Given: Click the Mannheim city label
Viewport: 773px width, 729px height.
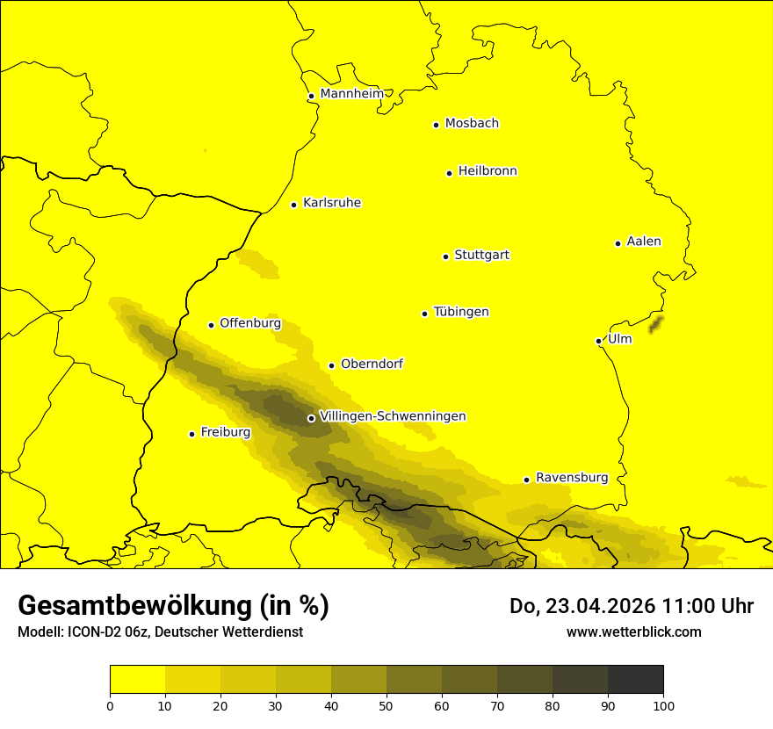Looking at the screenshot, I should click(x=351, y=94).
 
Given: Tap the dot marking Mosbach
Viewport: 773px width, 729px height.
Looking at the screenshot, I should click(x=436, y=125).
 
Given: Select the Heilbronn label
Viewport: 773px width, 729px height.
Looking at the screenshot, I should click(x=488, y=171).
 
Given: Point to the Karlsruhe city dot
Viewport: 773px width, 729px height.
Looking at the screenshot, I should click(x=294, y=205).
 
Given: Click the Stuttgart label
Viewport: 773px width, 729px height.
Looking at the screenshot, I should click(x=481, y=256).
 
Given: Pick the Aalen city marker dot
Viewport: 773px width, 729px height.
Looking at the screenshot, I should click(x=618, y=243).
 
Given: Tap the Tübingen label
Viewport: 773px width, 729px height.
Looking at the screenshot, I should click(x=461, y=312).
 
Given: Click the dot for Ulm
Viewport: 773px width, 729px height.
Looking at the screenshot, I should click(x=598, y=341).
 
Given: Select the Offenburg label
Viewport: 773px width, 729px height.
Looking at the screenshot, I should click(x=250, y=323).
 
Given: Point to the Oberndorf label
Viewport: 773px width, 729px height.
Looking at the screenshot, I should click(x=372, y=364).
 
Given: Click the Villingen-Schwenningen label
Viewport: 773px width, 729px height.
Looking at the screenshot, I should click(x=393, y=416).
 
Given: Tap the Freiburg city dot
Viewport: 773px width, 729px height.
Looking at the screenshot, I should click(x=191, y=434).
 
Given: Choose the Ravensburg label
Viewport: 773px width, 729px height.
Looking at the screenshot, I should click(x=572, y=478).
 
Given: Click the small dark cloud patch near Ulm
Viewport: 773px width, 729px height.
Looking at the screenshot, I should click(x=654, y=326).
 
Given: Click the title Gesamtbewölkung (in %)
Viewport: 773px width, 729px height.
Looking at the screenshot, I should click(x=173, y=606).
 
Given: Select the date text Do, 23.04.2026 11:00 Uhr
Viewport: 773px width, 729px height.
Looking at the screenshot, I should click(x=631, y=606).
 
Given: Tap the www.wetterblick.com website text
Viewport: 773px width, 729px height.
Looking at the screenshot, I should click(x=633, y=632).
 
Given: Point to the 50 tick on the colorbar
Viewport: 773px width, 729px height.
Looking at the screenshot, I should click(x=386, y=704).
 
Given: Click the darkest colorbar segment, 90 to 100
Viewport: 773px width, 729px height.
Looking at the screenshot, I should click(x=635, y=680).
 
